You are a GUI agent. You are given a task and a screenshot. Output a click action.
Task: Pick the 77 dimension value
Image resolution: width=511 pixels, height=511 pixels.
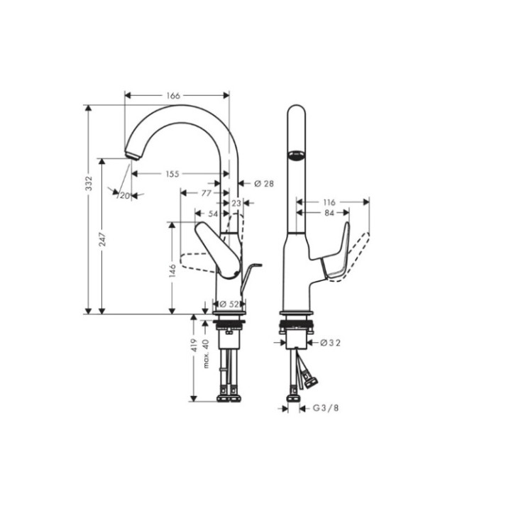(x=205, y=192)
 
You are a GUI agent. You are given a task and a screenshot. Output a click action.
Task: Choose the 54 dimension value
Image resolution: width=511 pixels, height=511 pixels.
(x=211, y=213)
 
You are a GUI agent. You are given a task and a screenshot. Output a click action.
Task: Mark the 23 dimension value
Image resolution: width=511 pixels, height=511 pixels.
(x=237, y=203)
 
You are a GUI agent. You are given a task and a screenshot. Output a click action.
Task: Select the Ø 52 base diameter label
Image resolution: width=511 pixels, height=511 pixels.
(x=227, y=304)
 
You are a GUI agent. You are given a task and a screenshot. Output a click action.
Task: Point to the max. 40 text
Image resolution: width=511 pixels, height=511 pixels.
(x=207, y=353)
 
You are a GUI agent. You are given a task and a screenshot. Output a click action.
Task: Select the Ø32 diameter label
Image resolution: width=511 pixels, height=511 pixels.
(x=331, y=343)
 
